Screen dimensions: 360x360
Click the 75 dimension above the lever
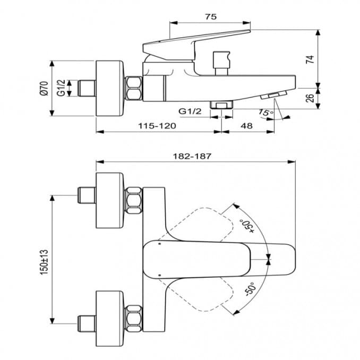(x=210, y=17)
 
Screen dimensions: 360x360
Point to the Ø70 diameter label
(x=44, y=88)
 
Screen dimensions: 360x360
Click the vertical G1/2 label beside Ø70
(x=62, y=88)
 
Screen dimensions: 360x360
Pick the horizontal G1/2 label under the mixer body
(x=190, y=111)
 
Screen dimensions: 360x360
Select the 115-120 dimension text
(x=158, y=126)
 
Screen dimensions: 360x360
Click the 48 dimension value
(x=247, y=126)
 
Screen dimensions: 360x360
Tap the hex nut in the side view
(x=134, y=88)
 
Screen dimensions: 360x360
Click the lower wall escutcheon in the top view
(x=110, y=317)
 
